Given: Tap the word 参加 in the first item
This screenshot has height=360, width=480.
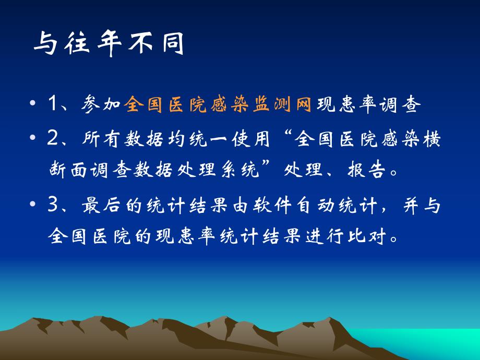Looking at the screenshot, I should tap(102, 105).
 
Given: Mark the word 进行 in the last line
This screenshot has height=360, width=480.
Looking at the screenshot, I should tap(315, 237).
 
